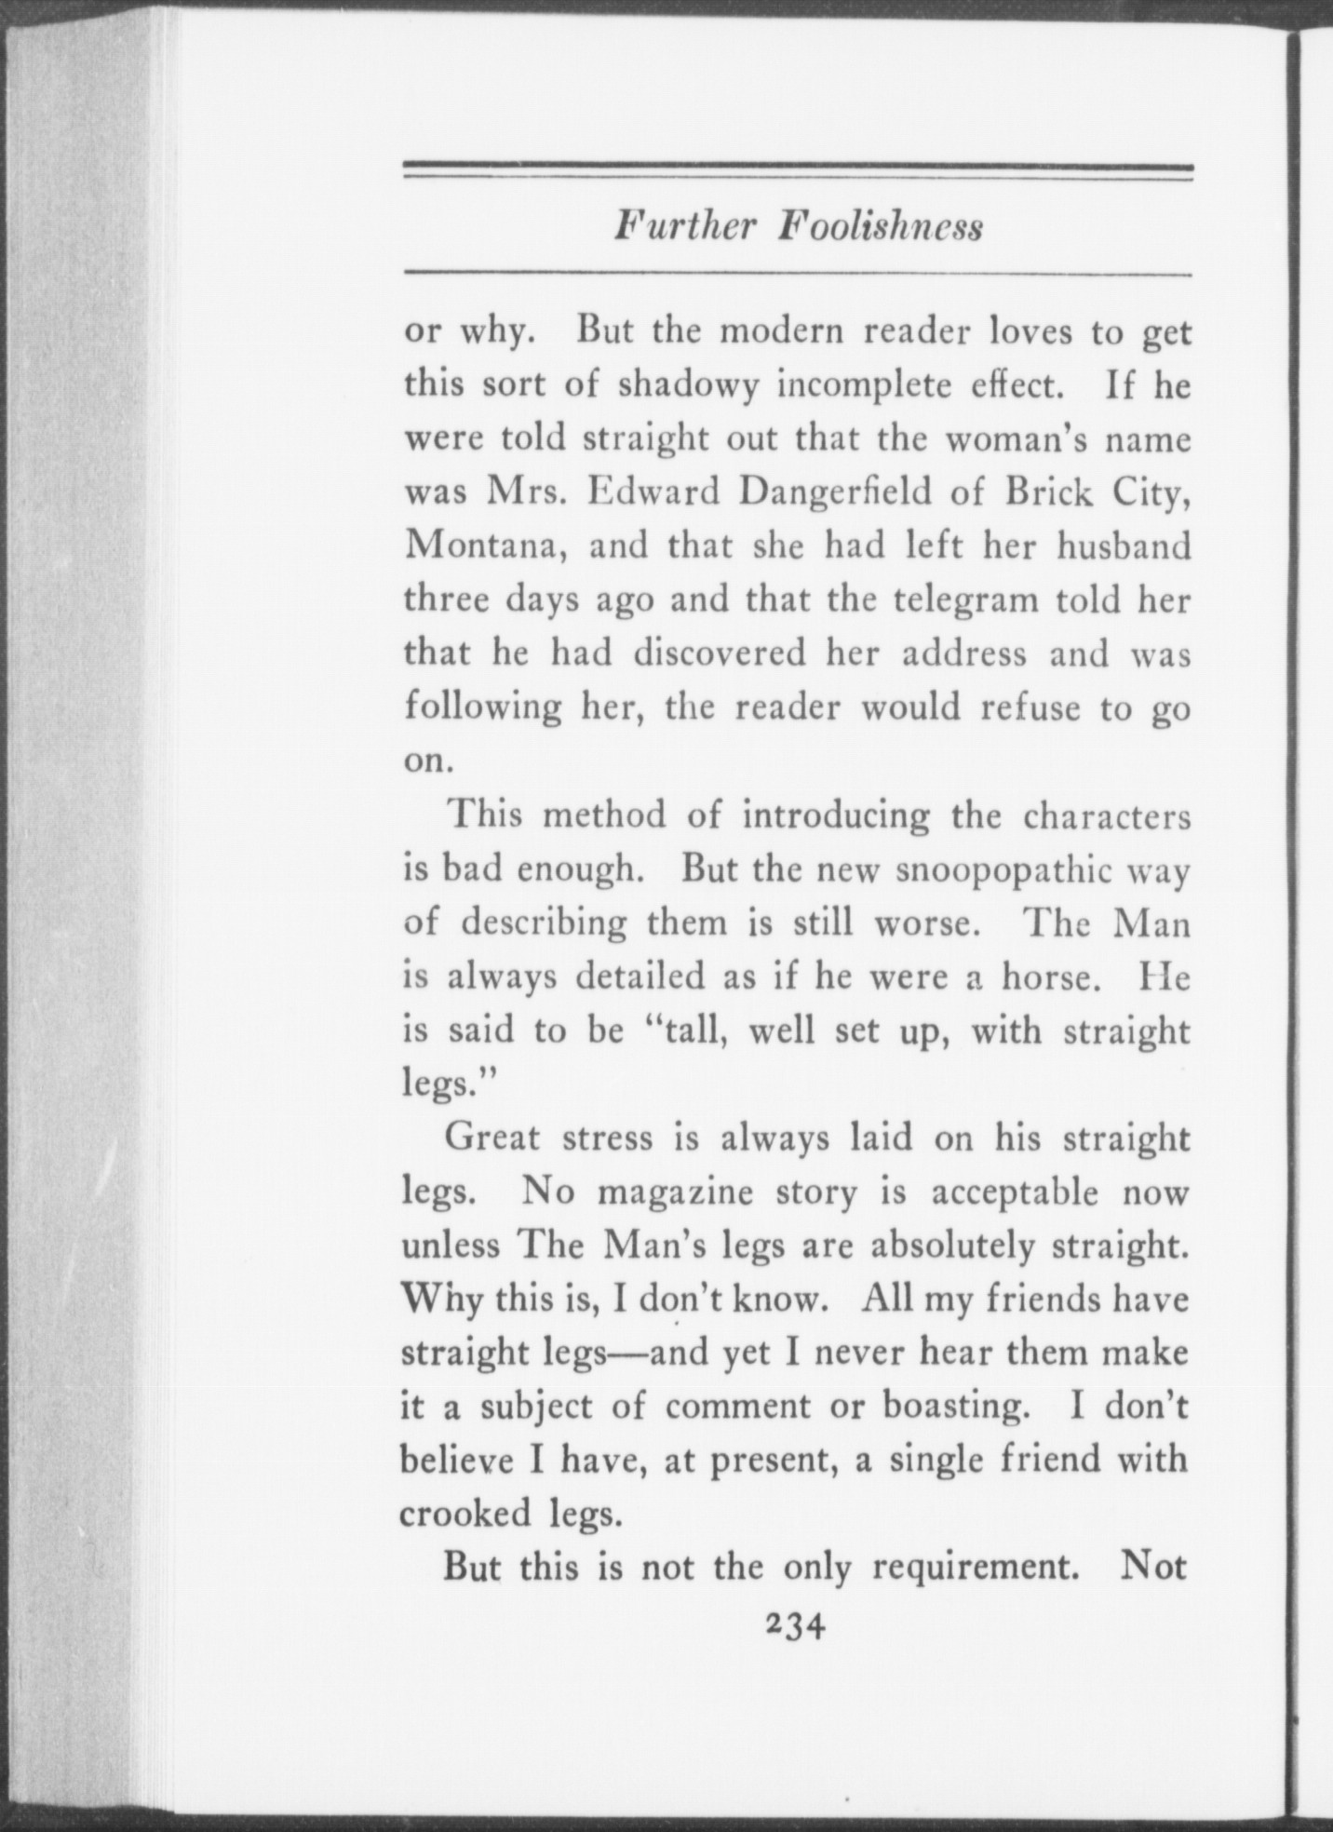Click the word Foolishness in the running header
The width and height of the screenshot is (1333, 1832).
881,227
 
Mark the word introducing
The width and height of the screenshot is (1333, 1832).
836,815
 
